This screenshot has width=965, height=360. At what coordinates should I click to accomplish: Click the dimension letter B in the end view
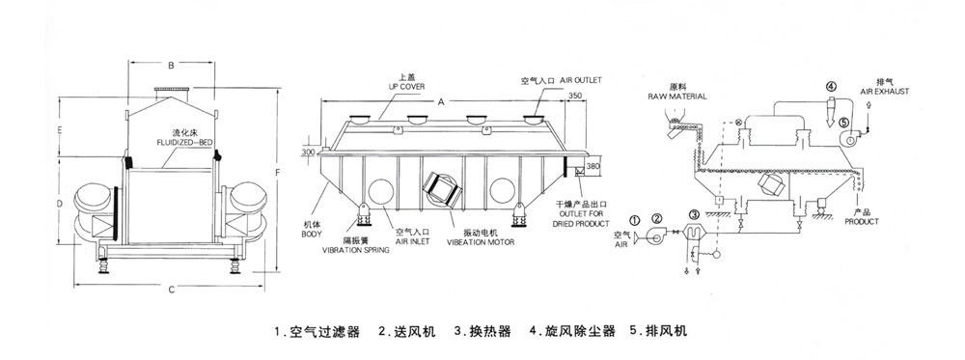pyautogui.click(x=172, y=65)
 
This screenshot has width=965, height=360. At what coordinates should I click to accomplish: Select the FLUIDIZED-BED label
pyautogui.click(x=184, y=142)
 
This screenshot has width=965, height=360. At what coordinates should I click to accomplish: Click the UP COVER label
pyautogui.click(x=406, y=87)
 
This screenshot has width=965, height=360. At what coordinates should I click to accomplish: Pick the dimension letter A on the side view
pyautogui.click(x=441, y=103)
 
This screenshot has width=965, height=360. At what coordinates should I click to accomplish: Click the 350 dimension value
pyautogui.click(x=576, y=96)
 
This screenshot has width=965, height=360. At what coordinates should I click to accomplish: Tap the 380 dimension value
pyautogui.click(x=593, y=166)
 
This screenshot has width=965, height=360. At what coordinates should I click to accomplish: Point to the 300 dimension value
pyautogui.click(x=309, y=152)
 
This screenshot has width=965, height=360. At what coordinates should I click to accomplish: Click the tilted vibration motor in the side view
pyautogui.click(x=442, y=185)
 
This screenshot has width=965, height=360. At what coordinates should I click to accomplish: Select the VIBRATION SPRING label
pyautogui.click(x=356, y=251)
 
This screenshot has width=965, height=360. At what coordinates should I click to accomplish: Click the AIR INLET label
pyautogui.click(x=412, y=242)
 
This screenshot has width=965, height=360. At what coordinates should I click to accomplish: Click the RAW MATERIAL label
pyautogui.click(x=677, y=96)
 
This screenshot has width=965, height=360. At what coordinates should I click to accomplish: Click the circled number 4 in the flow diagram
pyautogui.click(x=831, y=86)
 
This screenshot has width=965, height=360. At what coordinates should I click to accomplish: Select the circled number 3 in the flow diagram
pyautogui.click(x=694, y=215)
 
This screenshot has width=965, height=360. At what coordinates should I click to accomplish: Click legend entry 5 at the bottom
pyautogui.click(x=658, y=331)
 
